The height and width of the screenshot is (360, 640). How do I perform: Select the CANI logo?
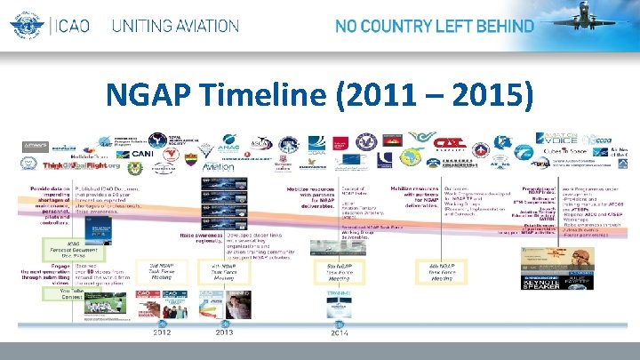(142, 154)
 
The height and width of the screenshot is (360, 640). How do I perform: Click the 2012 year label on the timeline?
(162, 333)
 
